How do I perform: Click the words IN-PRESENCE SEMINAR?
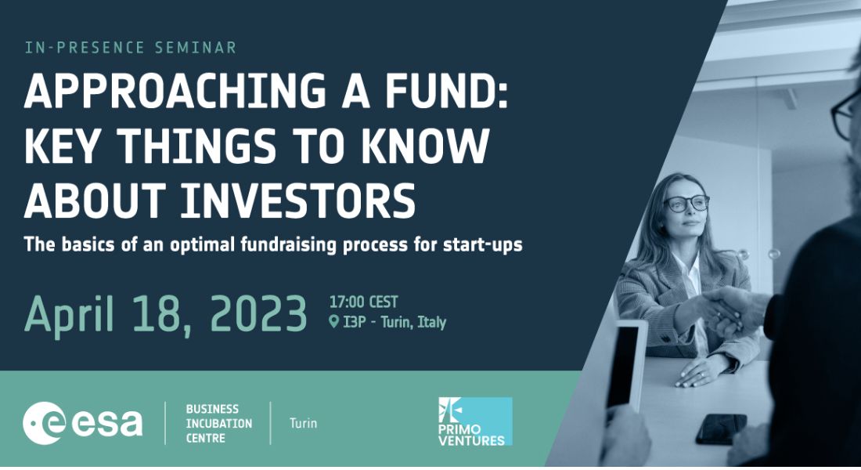tap(131, 47)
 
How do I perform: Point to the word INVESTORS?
tap(298, 201)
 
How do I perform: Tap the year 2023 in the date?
tap(258, 314)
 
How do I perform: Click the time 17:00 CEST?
tap(363, 302)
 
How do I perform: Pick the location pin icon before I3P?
tap(333, 322)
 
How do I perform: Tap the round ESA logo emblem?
tap(44, 423)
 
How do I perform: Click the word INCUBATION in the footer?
tap(218, 423)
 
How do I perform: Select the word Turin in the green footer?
tap(303, 423)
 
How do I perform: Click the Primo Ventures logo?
tap(475, 421)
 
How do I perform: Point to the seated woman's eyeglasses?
tap(686, 204)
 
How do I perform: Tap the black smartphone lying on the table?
tap(721, 428)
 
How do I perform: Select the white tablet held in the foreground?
tap(625, 365)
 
